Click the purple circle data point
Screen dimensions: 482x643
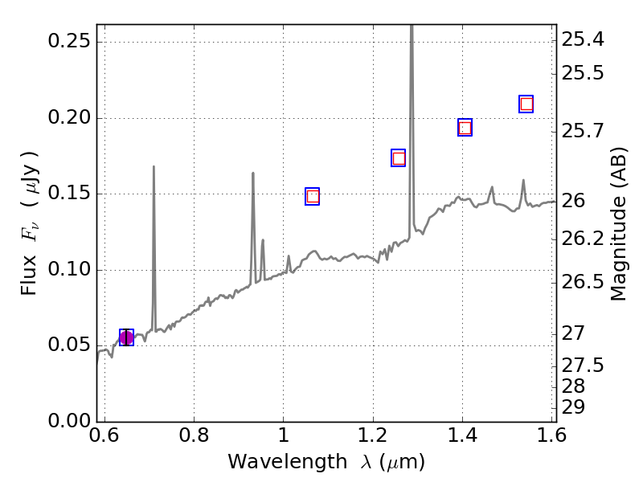126,337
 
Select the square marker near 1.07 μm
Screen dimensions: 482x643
313,196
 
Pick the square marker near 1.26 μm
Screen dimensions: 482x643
398,158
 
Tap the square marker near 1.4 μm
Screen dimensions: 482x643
465,128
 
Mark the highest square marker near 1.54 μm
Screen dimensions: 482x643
526,104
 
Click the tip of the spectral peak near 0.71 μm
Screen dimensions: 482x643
154,166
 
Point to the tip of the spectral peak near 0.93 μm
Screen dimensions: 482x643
253,173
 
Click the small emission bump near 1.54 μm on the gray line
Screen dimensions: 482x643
523,181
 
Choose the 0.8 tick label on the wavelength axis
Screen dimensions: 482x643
194,438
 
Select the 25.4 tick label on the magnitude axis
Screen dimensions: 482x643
583,39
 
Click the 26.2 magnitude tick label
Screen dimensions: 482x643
583,239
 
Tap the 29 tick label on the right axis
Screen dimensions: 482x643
574,408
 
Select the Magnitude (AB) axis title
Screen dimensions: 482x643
618,223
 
